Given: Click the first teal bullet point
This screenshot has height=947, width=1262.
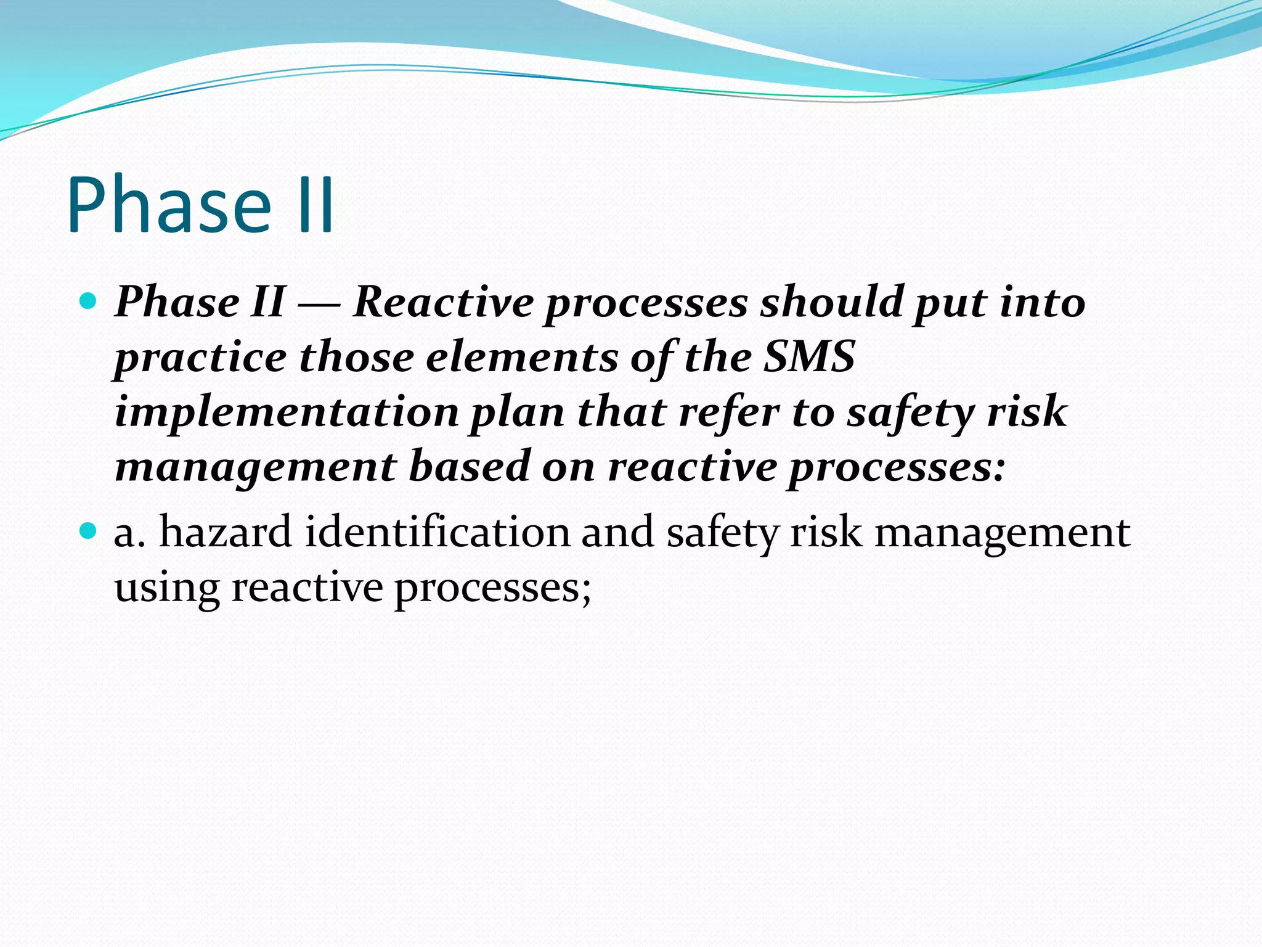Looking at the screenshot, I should (89, 301).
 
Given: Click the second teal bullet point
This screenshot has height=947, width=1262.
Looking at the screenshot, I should (89, 530).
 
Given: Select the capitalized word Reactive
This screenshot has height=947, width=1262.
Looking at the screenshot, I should (443, 302).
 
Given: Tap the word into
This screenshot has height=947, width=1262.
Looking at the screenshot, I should (1042, 302).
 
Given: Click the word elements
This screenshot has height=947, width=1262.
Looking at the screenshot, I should (521, 357).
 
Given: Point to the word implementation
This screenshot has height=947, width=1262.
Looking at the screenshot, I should (287, 412).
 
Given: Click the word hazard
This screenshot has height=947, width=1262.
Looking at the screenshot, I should (225, 532).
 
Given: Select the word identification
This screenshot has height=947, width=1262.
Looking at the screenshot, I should (437, 532).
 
